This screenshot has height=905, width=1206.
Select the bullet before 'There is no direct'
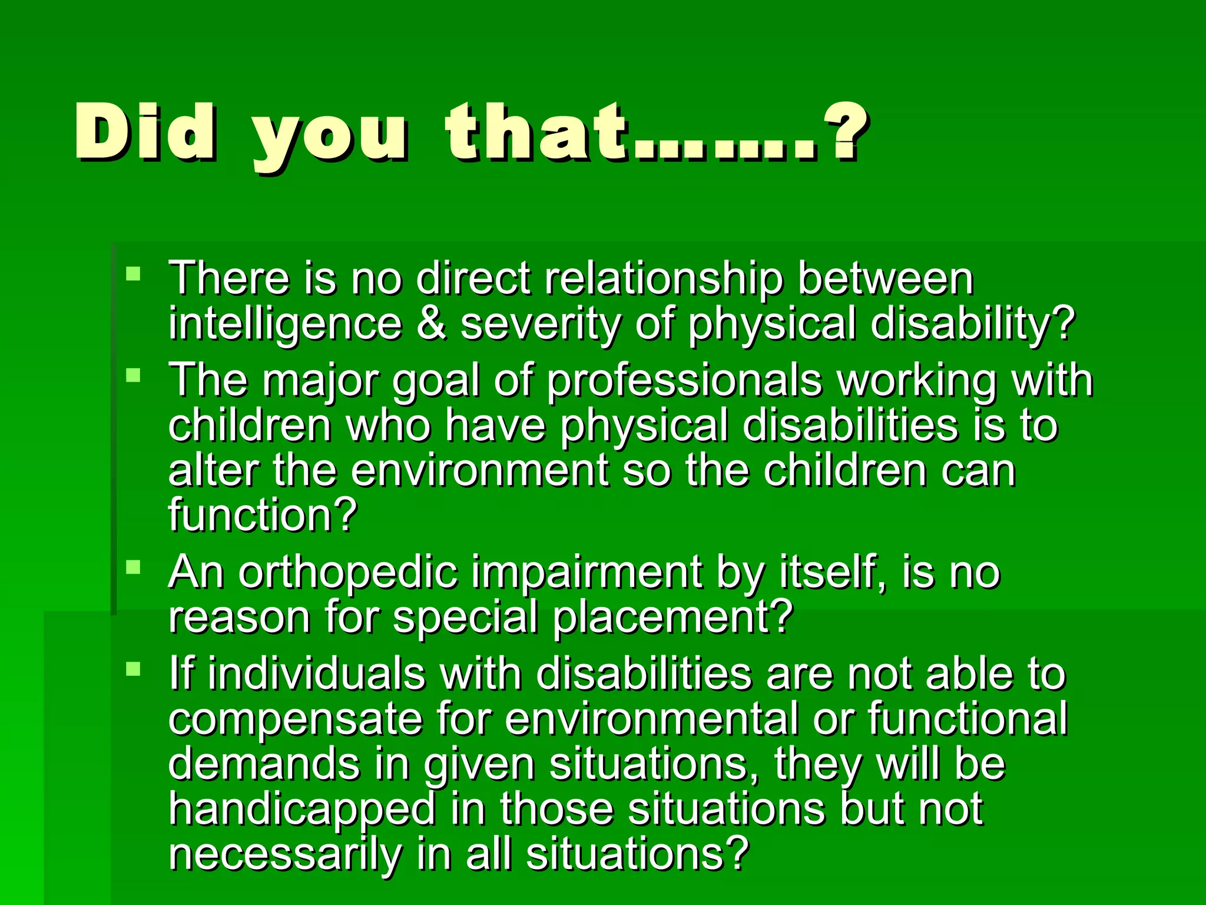tap(134, 273)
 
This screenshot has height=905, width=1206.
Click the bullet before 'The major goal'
tap(134, 375)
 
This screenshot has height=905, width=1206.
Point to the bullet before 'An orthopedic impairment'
tap(134, 567)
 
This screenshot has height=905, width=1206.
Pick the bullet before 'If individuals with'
tap(134, 669)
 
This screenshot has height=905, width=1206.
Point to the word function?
tap(263, 514)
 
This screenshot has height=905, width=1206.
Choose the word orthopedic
tap(348, 572)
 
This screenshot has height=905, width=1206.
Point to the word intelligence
tap(285, 325)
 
